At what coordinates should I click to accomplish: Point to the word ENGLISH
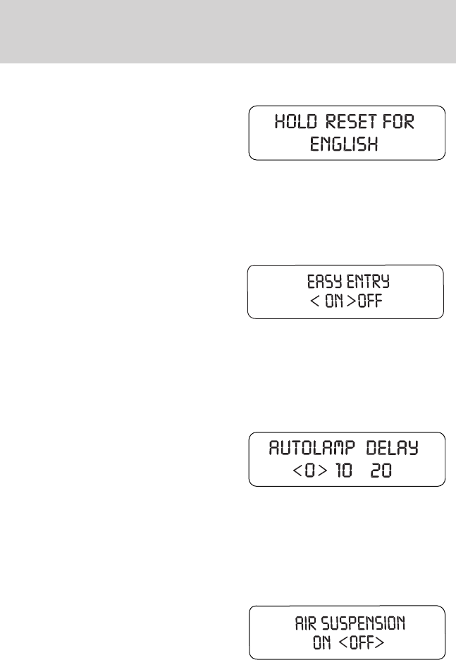click(346, 144)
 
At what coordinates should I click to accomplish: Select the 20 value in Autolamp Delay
click(381, 470)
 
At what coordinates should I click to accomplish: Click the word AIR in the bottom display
click(304, 623)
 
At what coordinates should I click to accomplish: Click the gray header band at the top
click(228, 31)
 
